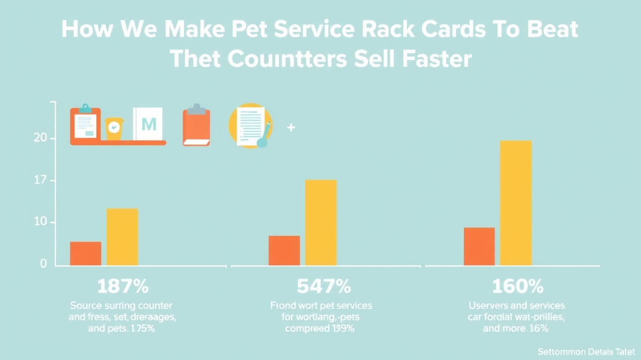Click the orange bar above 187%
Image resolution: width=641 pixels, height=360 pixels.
[86, 253]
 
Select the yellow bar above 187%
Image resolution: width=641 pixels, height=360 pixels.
[122, 237]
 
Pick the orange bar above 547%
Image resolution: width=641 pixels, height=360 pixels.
[284, 250]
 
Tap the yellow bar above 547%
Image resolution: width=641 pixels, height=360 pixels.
[320, 222]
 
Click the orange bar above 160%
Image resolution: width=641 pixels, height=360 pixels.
[479, 246]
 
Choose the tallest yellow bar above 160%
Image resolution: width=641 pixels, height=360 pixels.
[515, 203]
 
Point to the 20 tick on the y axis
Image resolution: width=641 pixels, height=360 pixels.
[40, 138]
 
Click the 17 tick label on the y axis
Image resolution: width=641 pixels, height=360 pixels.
[40, 181]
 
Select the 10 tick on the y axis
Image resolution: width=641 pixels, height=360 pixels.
[40, 222]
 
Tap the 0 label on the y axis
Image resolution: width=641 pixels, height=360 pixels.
[43, 264]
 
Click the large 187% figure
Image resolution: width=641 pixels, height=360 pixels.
[123, 286]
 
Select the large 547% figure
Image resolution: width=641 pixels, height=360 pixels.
[324, 286]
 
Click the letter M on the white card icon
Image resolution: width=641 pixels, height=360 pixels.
[149, 124]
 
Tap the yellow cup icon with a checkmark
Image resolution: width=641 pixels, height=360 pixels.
[114, 128]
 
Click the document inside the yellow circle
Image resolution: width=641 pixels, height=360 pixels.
[251, 126]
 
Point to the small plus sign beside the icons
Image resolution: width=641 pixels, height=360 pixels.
[291, 127]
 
